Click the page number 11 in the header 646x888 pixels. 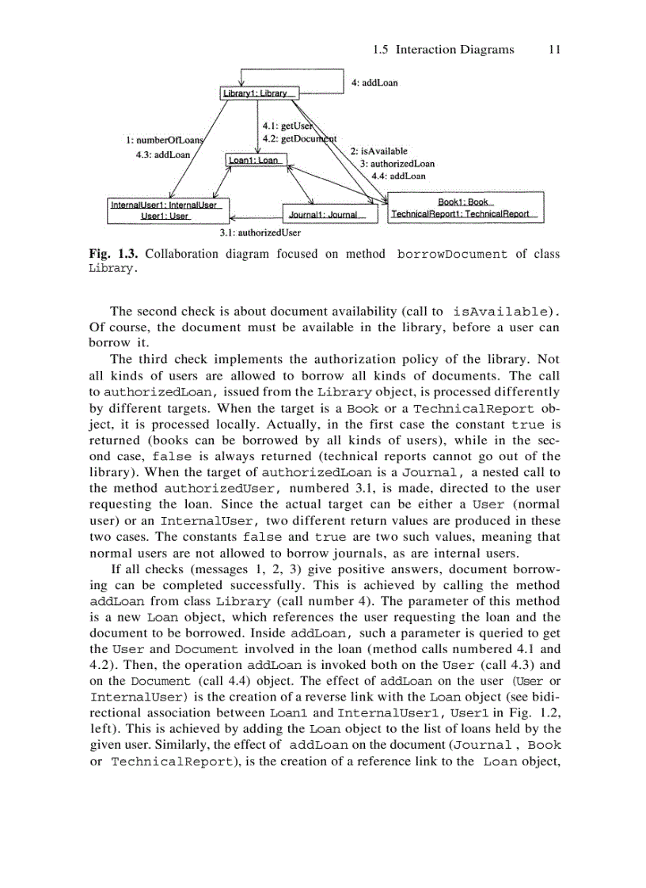click(x=554, y=50)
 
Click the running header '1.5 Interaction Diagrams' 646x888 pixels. click(x=443, y=50)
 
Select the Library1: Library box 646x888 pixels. click(x=259, y=94)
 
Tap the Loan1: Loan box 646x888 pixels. click(x=255, y=160)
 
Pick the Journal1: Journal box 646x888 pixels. click(x=329, y=214)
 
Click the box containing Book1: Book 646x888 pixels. click(x=465, y=207)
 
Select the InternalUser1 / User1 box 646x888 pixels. click(x=169, y=210)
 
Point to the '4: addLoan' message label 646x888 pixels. click(x=374, y=83)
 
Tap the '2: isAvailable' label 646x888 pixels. click(x=378, y=150)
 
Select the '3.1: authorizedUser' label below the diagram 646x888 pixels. click(x=260, y=233)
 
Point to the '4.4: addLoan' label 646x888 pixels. click(x=398, y=176)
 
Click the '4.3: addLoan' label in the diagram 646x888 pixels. click(x=163, y=155)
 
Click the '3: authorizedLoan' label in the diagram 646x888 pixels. click(x=397, y=163)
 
